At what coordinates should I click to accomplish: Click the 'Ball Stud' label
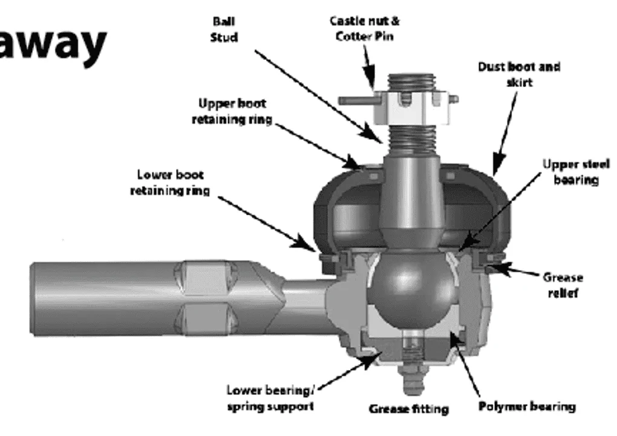tap(224, 30)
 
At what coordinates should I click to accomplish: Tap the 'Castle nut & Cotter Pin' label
tap(364, 28)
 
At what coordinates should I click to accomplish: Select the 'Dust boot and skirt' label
tap(519, 74)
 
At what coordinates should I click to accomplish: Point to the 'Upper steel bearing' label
tap(576, 172)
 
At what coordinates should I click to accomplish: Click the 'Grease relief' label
tap(563, 285)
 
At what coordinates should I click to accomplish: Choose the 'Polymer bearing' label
tap(527, 406)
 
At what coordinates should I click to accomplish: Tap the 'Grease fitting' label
tap(409, 409)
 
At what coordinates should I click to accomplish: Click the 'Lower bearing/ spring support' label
tap(270, 399)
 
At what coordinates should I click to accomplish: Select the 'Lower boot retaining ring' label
tap(170, 183)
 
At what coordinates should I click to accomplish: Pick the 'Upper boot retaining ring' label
tap(232, 111)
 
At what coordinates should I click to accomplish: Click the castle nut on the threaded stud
tap(411, 108)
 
